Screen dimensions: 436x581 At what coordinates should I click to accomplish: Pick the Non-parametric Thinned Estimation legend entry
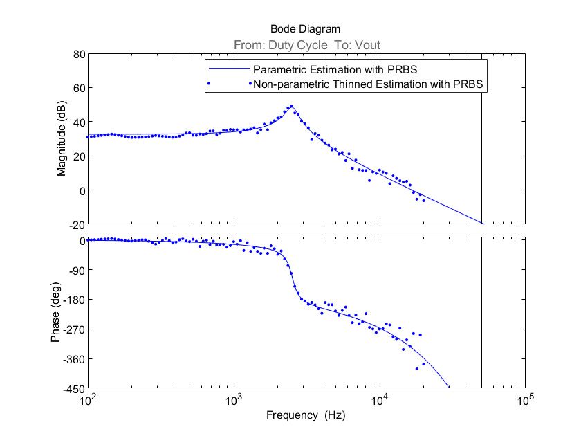[x=367, y=84]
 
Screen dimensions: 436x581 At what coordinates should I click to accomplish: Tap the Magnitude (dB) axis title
[x=62, y=139]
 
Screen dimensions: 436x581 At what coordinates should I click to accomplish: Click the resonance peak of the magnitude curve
[x=291, y=106]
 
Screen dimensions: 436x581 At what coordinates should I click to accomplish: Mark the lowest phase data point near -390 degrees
[x=417, y=368]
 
